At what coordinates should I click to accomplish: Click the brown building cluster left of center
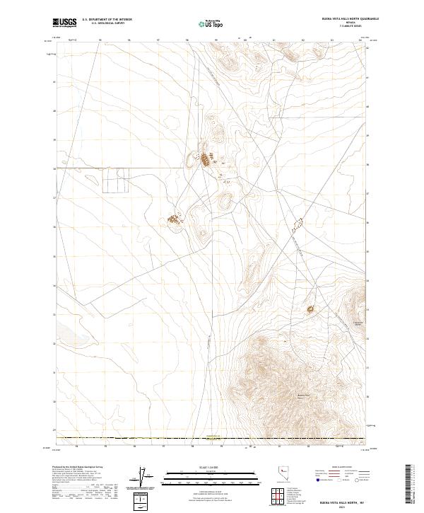(x=172, y=221)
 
